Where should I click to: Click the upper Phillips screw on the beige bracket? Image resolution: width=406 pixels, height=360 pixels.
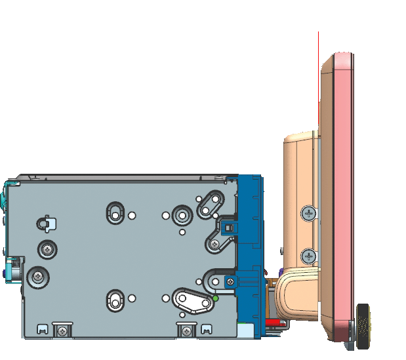pos(309,213)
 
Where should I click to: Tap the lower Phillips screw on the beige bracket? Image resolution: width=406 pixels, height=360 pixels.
pos(309,256)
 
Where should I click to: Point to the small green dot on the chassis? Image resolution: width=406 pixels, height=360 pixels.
pos(216,298)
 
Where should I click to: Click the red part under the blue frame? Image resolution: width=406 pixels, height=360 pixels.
pos(274,322)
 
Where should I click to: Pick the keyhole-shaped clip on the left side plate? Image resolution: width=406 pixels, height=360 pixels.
pos(44,223)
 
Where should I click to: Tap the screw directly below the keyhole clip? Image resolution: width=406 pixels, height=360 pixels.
pos(47,249)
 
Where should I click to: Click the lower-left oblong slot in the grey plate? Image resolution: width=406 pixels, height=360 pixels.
pos(115,300)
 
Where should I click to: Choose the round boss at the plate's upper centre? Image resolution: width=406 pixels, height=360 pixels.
pos(182,214)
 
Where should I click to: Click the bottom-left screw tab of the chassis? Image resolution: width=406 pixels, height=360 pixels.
pos(62,330)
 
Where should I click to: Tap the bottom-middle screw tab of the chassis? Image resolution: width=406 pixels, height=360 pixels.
pos(187,330)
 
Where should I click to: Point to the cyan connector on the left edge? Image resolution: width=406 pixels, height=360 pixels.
pos(12,270)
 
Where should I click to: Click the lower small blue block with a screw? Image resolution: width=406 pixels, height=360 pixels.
pos(229,281)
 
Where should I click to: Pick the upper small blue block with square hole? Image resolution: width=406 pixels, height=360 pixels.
pos(228,227)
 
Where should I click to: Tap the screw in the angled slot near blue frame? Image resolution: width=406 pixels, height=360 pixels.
pos(214,245)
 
